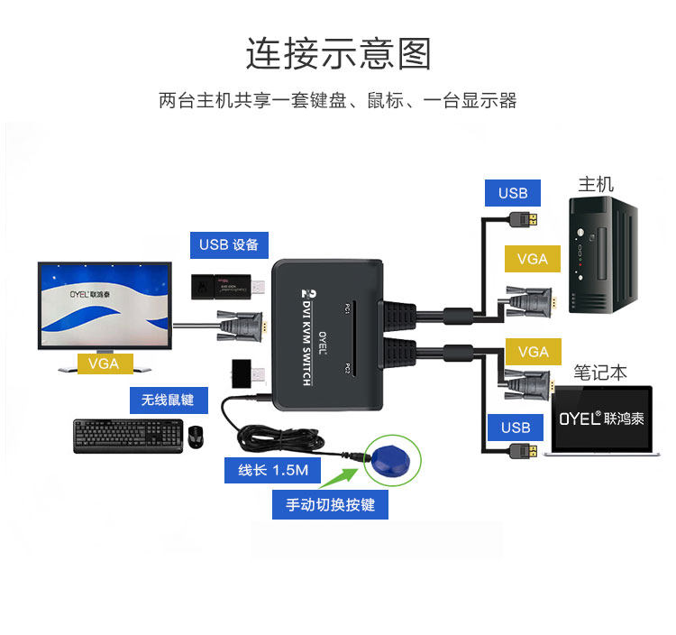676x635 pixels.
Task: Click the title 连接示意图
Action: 338,53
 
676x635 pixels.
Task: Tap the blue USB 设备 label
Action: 229,244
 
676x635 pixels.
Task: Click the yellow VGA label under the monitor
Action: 105,363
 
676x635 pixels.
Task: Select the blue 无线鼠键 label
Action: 168,399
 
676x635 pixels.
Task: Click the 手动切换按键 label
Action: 330,504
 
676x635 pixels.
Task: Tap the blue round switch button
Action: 394,459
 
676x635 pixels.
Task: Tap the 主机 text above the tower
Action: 596,184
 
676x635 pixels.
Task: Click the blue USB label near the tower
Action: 513,192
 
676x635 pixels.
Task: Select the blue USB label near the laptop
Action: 516,428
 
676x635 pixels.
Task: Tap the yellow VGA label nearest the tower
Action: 533,259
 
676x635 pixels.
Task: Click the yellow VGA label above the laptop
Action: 534,352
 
